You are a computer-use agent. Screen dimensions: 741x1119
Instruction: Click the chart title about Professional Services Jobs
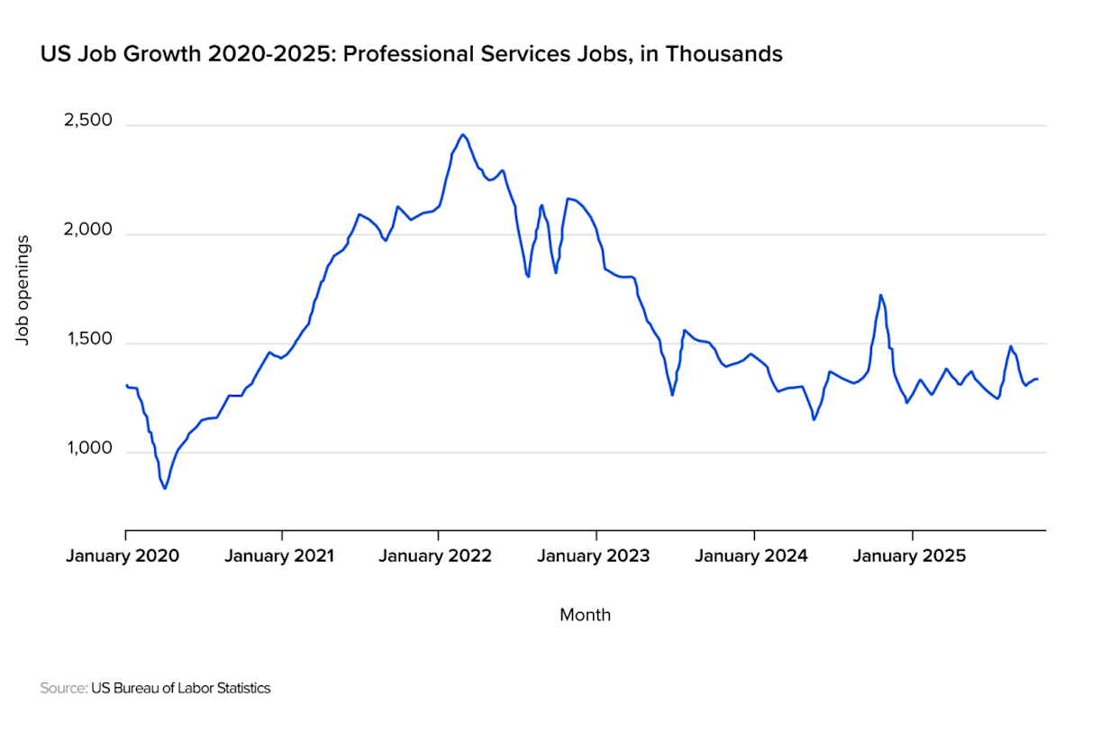click(411, 55)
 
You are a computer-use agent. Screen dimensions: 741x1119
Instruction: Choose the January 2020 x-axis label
click(123, 555)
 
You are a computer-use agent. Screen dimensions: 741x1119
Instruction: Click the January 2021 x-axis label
click(279, 555)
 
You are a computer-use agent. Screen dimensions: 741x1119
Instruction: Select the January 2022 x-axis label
click(436, 555)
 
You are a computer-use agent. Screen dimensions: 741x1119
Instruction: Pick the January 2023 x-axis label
click(594, 555)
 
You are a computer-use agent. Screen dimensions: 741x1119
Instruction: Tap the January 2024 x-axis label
click(751, 555)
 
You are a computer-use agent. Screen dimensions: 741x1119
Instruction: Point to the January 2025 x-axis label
click(909, 555)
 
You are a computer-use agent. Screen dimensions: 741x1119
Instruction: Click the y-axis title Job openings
click(24, 288)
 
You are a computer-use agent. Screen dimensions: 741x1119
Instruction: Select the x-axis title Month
click(585, 615)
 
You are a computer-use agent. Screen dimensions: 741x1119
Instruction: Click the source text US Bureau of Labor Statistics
click(180, 688)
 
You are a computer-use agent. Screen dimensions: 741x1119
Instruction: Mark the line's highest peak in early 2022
click(462, 134)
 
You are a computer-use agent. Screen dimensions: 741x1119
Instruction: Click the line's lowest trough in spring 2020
click(165, 489)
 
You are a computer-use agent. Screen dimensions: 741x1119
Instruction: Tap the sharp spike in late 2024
click(880, 295)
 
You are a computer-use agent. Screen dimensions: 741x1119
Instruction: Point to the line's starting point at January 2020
click(125, 385)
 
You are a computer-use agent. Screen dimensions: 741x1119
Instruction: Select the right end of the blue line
click(1038, 379)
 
